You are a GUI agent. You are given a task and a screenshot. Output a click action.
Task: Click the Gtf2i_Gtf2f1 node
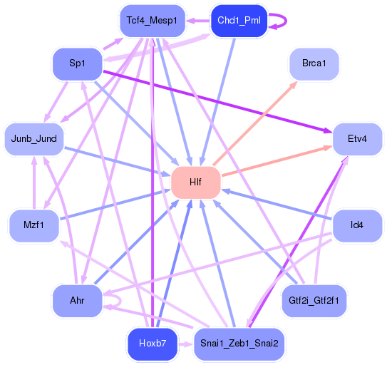pyautogui.click(x=314, y=300)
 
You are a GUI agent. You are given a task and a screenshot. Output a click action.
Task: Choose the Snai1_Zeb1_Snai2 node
pyautogui.click(x=239, y=344)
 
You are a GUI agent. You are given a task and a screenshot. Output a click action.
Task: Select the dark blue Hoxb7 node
pyautogui.click(x=152, y=344)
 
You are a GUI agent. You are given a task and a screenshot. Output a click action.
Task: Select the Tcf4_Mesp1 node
pyautogui.click(x=151, y=21)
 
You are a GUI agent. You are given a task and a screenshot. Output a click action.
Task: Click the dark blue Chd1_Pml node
pyautogui.click(x=239, y=21)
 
